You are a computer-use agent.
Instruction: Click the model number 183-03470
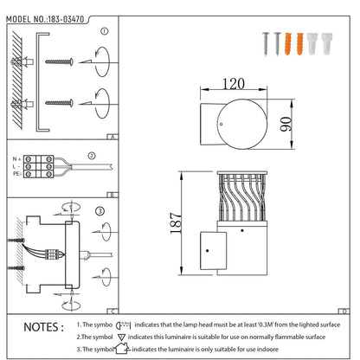(x=66, y=19)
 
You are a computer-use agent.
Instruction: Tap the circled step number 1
(x=105, y=31)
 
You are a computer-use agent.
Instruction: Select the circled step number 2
(x=92, y=156)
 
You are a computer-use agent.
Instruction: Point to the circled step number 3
(x=100, y=211)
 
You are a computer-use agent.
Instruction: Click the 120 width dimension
(x=234, y=84)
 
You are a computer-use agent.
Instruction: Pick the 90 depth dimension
(x=286, y=124)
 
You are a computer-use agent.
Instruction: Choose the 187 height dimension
(x=176, y=223)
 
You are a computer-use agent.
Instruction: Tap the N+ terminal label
(x=16, y=159)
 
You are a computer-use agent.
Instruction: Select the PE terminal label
(x=16, y=174)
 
